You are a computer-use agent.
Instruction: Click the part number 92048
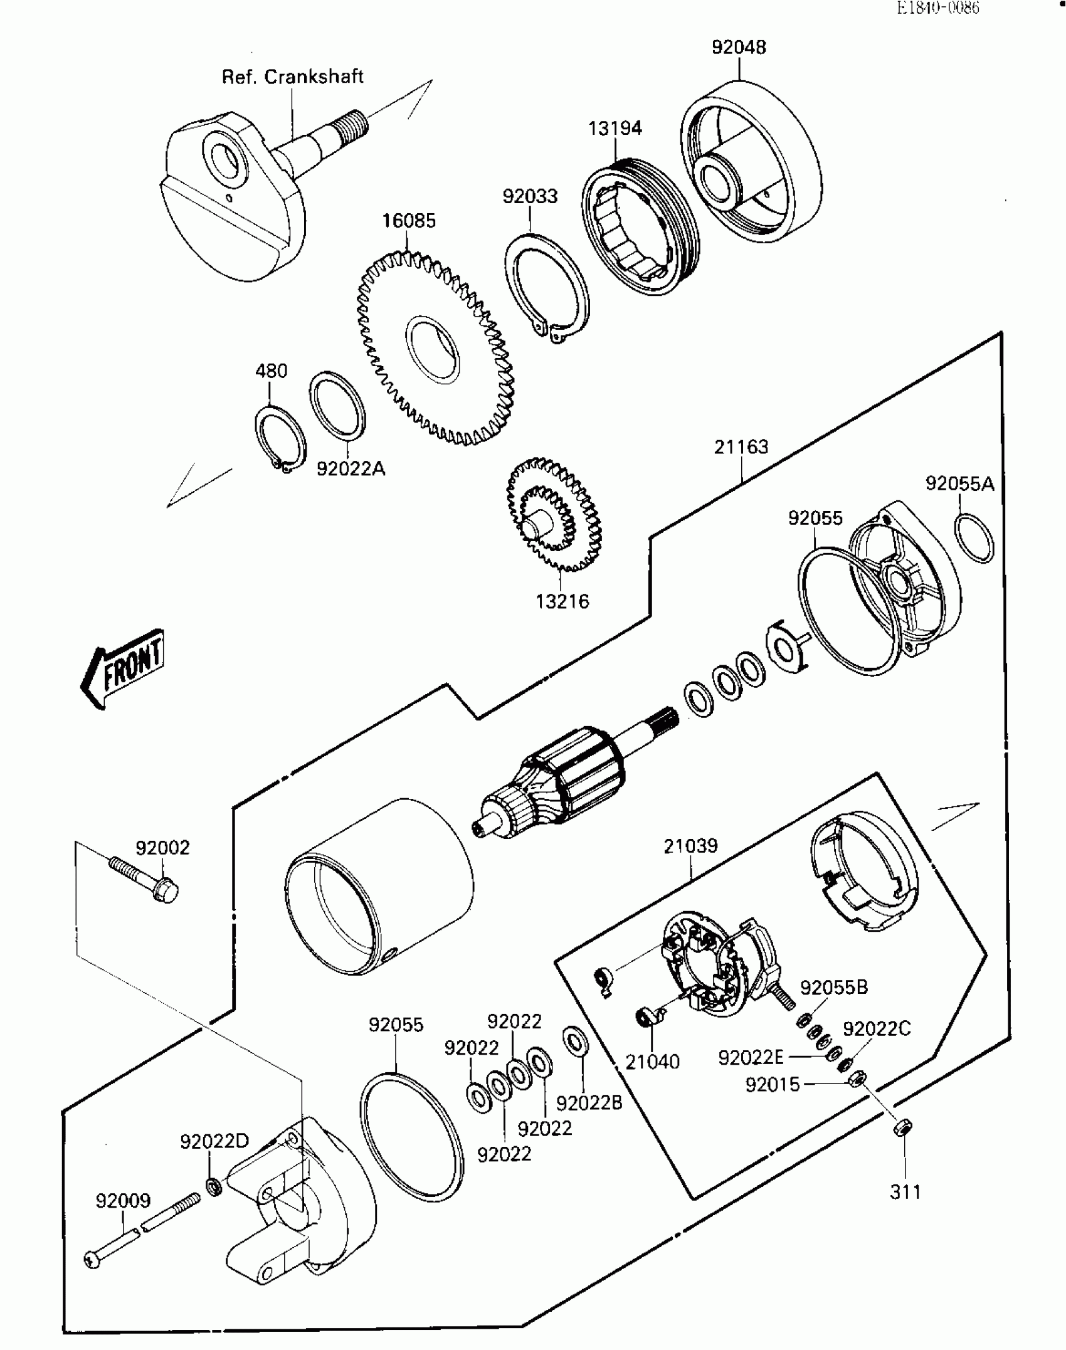(738, 48)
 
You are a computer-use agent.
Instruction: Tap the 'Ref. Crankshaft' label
(292, 77)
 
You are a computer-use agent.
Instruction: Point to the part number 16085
(409, 221)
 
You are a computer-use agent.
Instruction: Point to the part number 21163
(741, 447)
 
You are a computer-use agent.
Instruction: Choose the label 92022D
(214, 1141)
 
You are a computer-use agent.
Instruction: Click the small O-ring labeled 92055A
(974, 538)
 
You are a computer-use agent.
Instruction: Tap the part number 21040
(652, 1062)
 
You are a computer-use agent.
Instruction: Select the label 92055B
(834, 988)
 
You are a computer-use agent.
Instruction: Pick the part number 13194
(615, 128)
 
